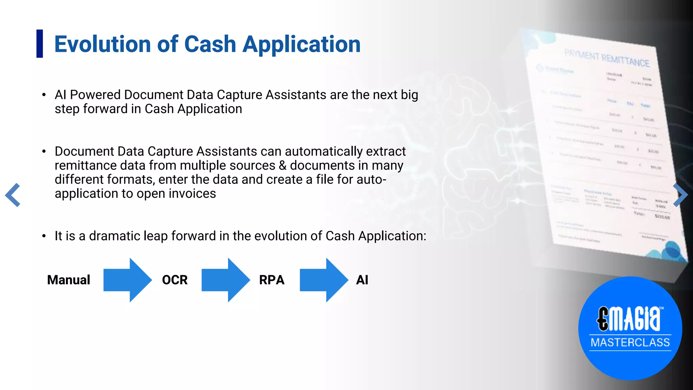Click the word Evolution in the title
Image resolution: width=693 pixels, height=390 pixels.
click(x=103, y=44)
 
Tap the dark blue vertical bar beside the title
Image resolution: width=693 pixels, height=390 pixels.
click(x=40, y=44)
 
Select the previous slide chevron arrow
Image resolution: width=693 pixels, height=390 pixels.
click(x=13, y=195)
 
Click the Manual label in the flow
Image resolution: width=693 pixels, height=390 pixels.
click(x=69, y=280)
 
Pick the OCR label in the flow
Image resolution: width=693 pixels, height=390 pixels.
click(x=175, y=280)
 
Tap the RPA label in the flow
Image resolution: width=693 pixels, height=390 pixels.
click(x=272, y=280)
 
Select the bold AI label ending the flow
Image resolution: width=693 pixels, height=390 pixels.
click(x=362, y=280)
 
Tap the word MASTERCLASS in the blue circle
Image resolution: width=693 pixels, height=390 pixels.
click(x=630, y=343)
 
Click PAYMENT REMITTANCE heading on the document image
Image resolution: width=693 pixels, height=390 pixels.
click(x=607, y=58)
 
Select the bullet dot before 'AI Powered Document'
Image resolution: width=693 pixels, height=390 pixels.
click(x=44, y=95)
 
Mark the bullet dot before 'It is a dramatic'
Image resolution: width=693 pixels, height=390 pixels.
click(x=44, y=236)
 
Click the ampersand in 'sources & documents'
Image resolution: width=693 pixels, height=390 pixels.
click(x=283, y=166)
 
